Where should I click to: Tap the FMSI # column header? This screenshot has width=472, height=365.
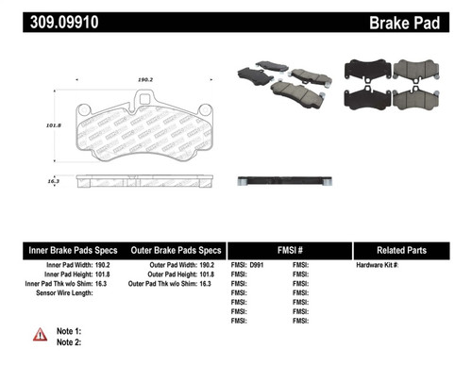point(289,250)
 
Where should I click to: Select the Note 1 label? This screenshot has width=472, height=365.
point(70,331)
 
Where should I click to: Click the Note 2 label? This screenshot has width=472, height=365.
point(70,343)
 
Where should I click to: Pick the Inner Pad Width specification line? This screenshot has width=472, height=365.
point(76,267)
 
